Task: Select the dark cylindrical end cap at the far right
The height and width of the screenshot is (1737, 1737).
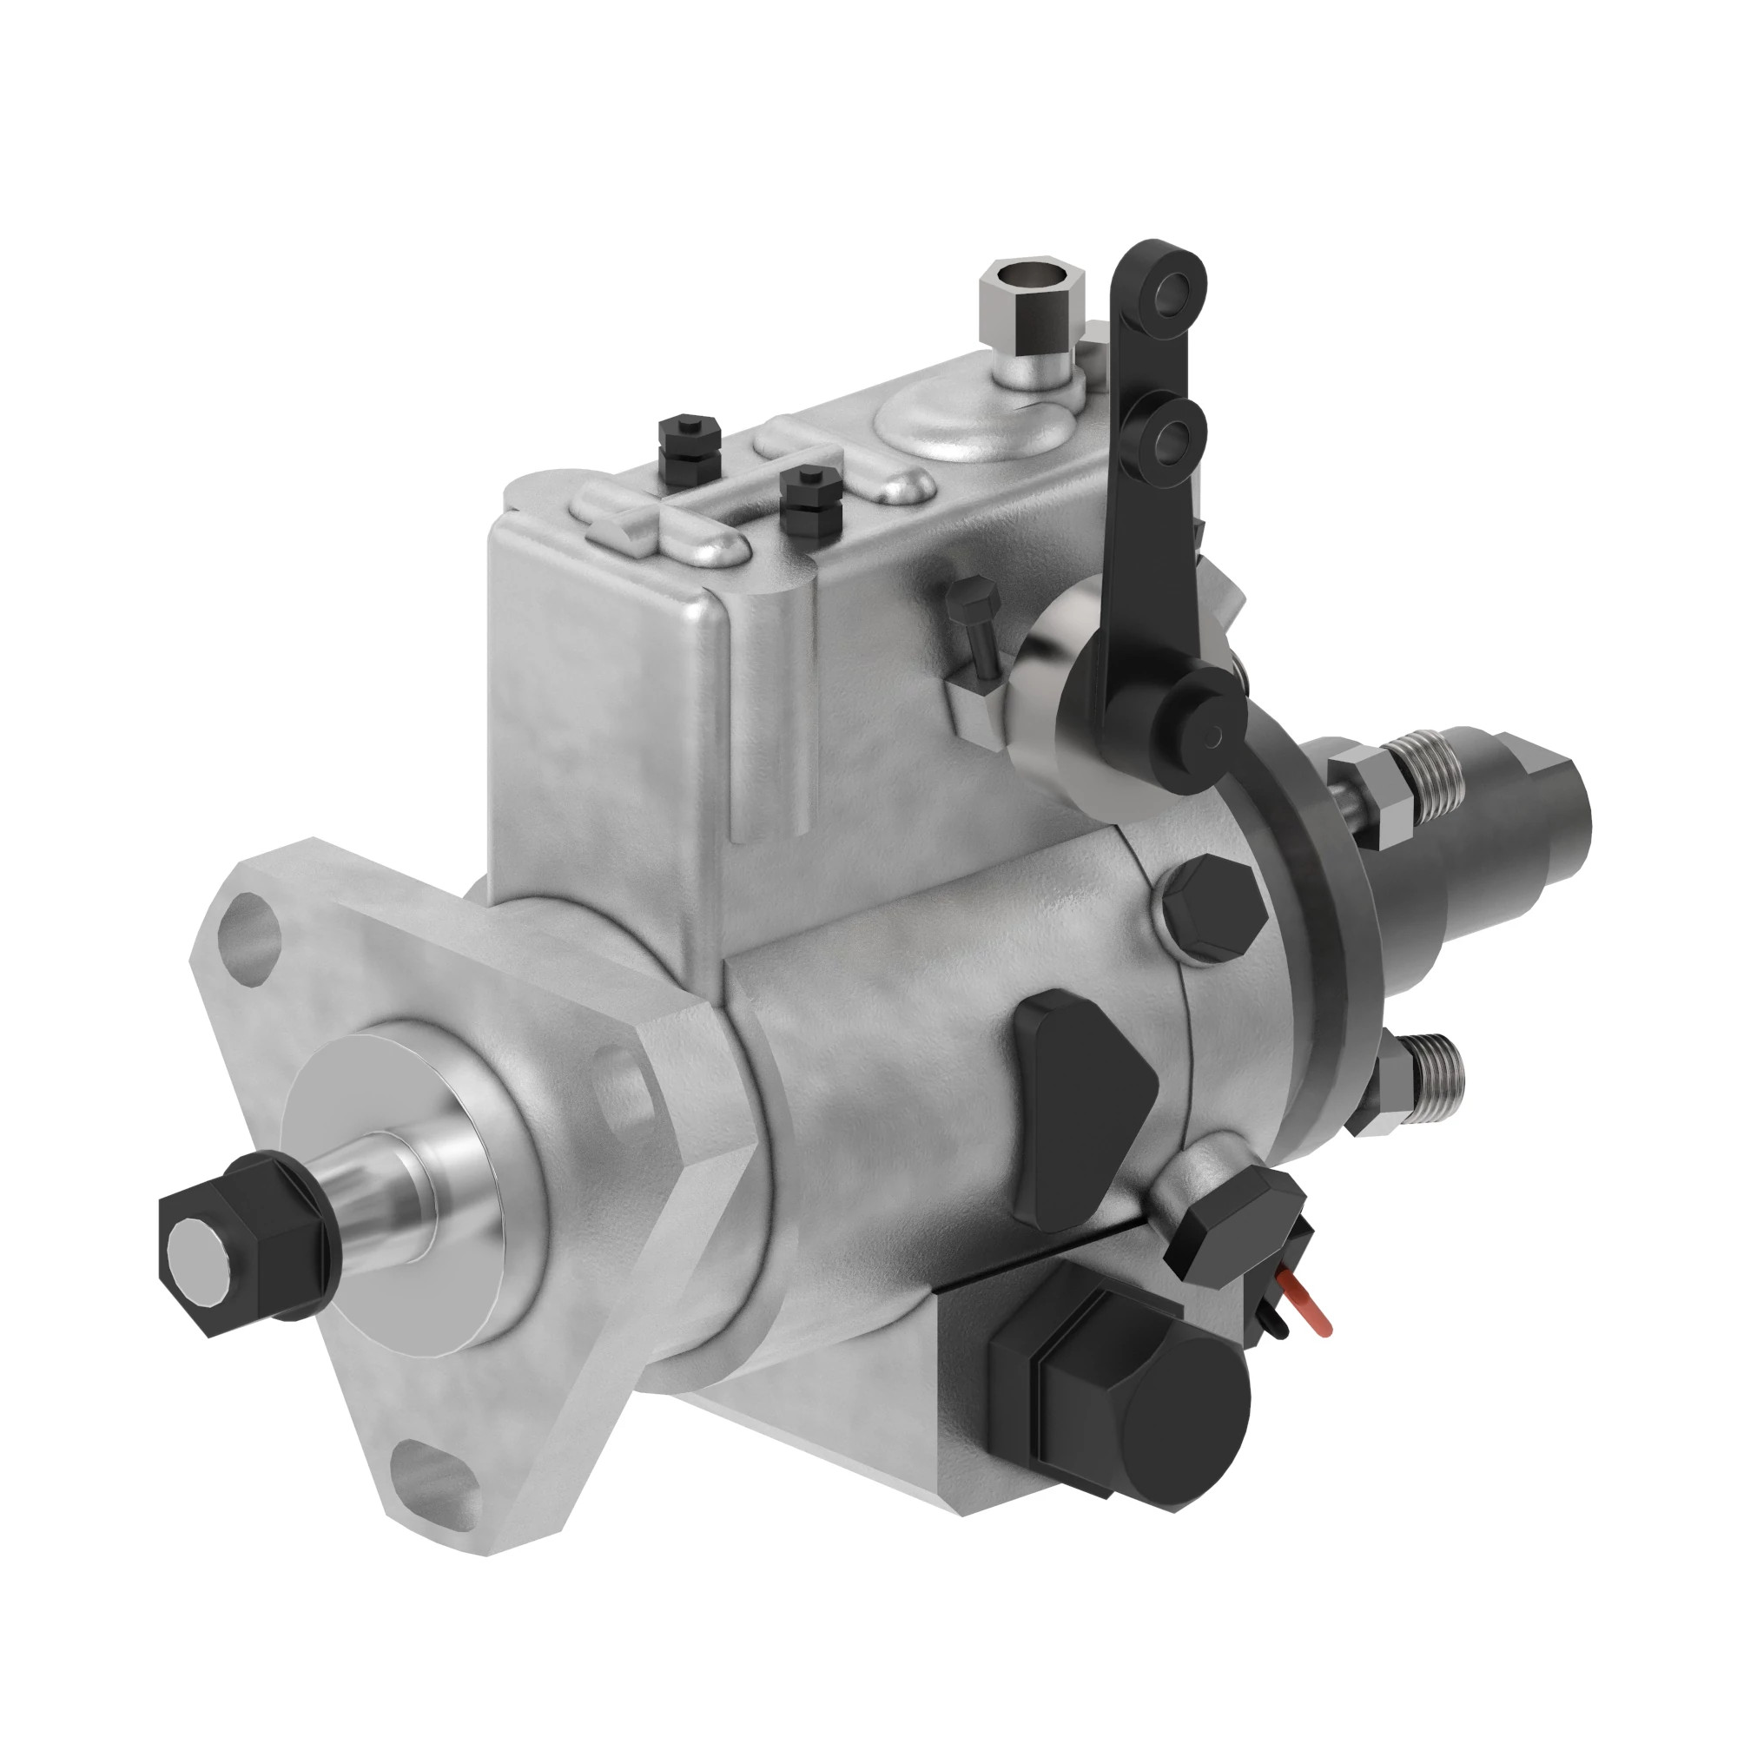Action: [1529, 815]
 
